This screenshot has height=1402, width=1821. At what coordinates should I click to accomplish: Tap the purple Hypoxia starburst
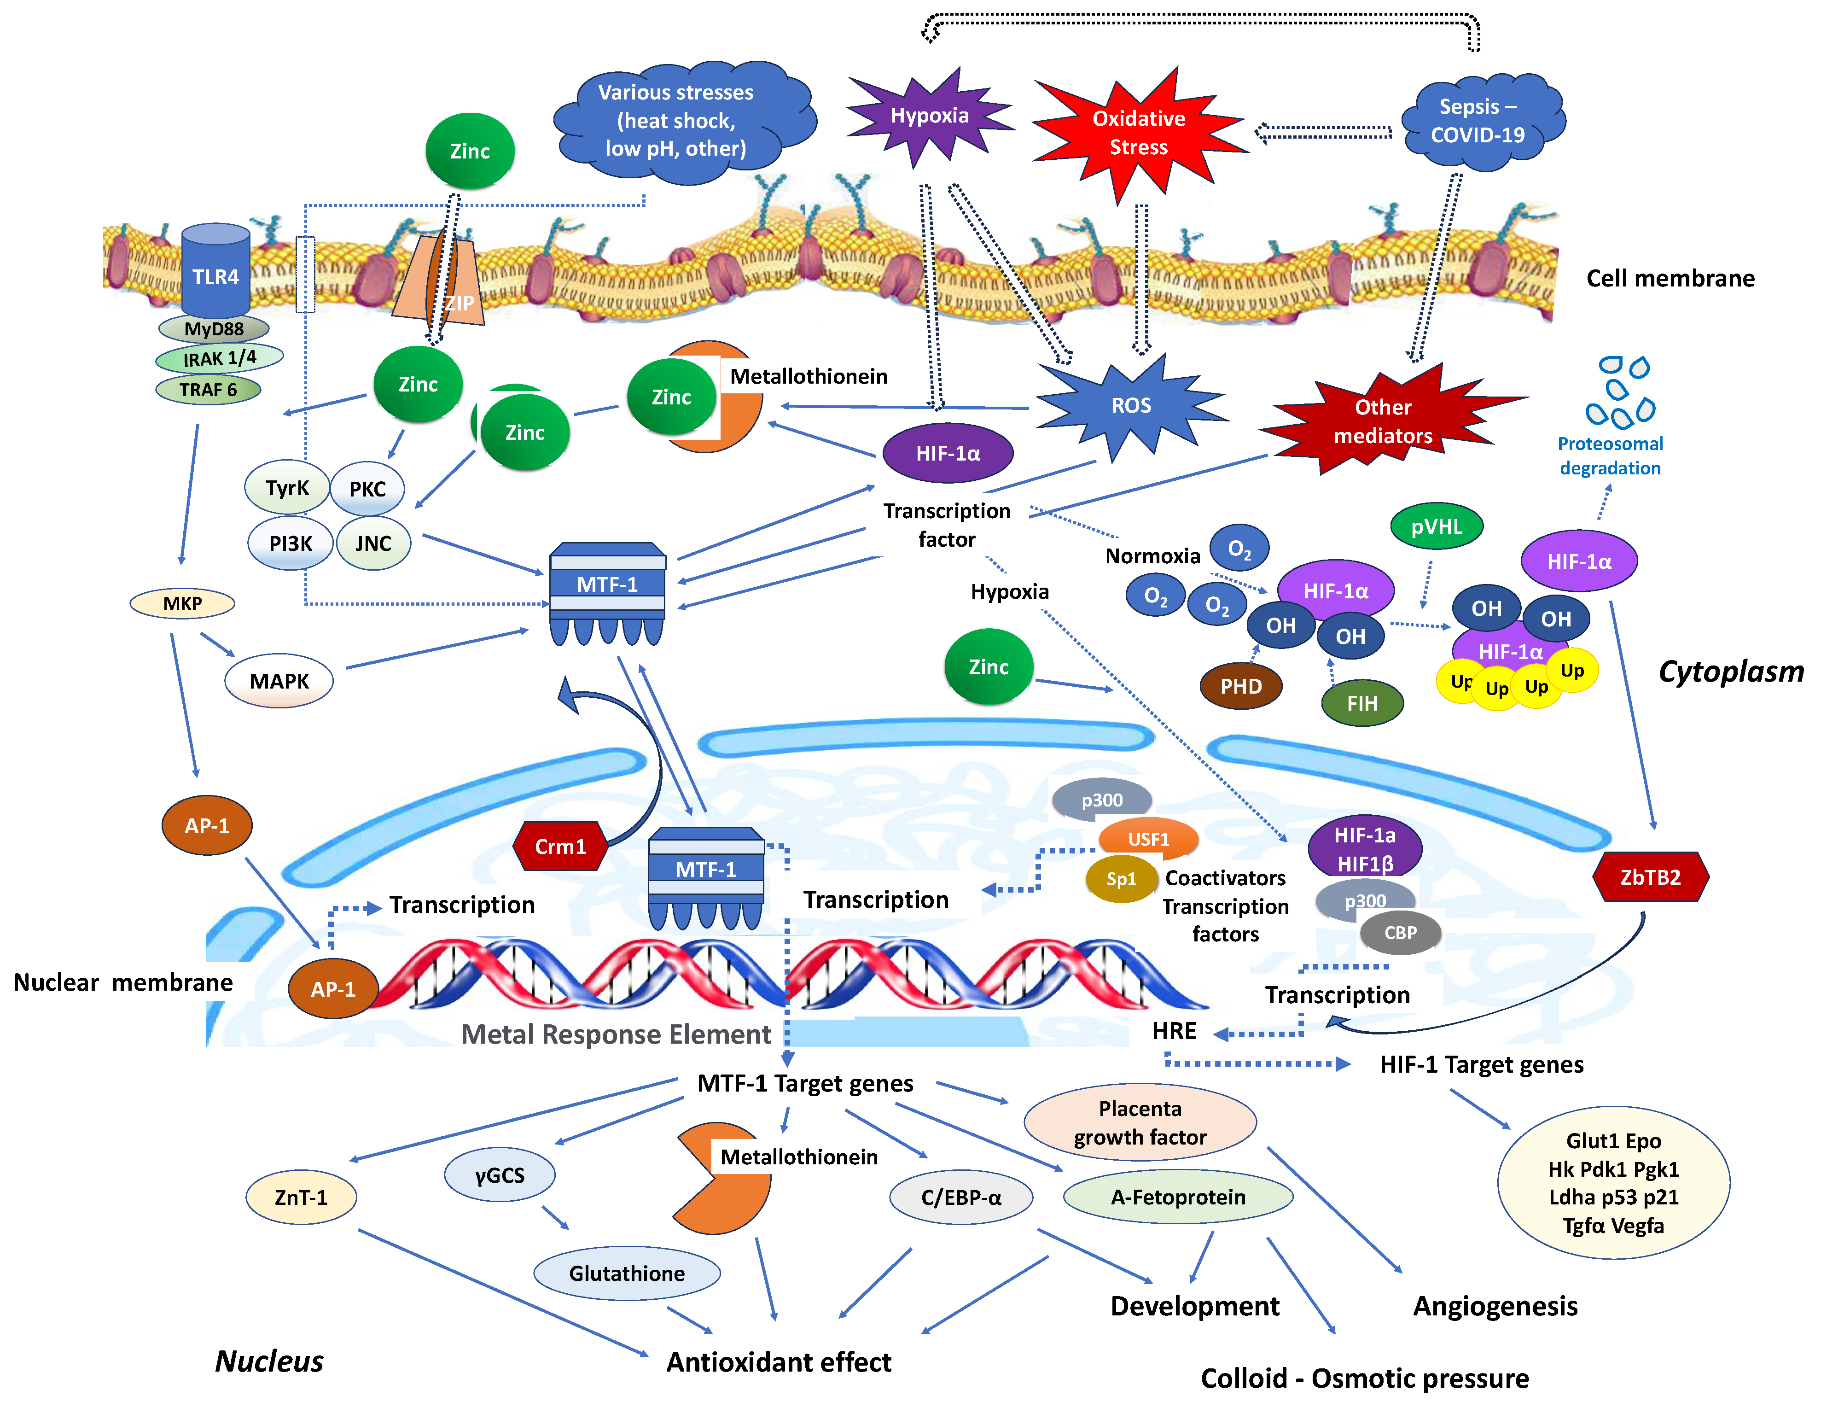pyautogui.click(x=929, y=117)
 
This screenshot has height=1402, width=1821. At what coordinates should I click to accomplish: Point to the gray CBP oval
pyautogui.click(x=1400, y=933)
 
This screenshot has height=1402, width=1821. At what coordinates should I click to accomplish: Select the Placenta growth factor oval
pyautogui.click(x=1139, y=1122)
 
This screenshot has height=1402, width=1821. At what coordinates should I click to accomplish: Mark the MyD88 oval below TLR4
pyautogui.click(x=214, y=328)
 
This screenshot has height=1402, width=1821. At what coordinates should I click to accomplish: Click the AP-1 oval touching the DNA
pyautogui.click(x=333, y=989)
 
